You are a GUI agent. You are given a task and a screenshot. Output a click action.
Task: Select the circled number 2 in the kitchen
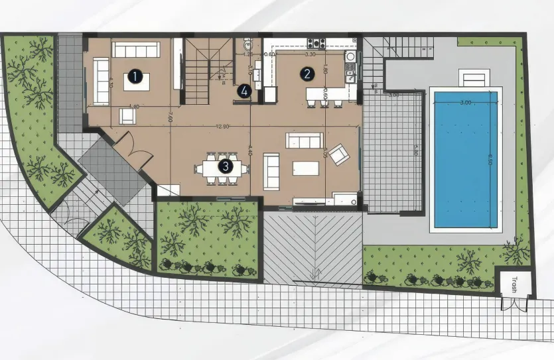(x=307, y=74)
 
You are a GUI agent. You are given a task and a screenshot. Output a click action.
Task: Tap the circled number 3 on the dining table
(x=225, y=166)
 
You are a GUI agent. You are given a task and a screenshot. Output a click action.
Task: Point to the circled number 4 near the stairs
(x=245, y=91)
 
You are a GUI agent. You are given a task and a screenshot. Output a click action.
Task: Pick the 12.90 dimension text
(x=222, y=126)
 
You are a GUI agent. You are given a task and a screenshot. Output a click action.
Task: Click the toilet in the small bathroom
(x=248, y=45)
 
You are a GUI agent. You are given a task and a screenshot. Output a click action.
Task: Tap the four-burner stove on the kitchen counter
(x=316, y=44)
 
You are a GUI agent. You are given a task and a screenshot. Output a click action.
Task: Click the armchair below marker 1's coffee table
(x=127, y=116)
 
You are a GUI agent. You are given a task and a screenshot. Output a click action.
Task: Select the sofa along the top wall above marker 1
(x=136, y=49)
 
